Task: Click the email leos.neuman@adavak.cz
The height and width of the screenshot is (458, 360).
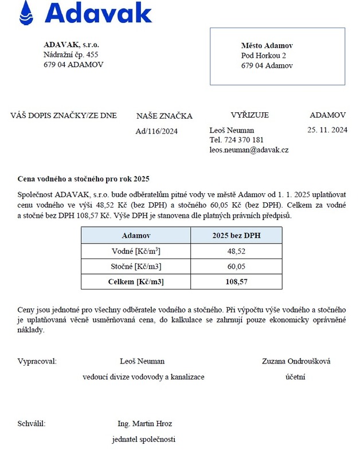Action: pos(249,150)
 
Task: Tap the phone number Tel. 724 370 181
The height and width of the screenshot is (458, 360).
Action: pos(237,140)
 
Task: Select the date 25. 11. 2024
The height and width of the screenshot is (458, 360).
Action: pos(327,130)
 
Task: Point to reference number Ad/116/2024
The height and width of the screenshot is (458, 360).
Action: pos(156,131)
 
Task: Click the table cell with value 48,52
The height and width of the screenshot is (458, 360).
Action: pos(236,251)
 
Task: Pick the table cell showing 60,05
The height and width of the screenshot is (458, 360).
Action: pos(236,267)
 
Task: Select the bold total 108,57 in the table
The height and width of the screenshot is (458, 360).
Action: pos(236,281)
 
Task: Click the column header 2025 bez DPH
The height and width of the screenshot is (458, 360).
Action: pos(236,236)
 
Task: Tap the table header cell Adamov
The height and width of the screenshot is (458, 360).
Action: pos(136,236)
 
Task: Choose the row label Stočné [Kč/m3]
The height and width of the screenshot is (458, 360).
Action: pos(136,267)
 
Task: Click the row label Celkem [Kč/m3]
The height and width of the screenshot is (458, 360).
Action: pos(136,281)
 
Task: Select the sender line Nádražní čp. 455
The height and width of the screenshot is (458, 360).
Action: pos(71,54)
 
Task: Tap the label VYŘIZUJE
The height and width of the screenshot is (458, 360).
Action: pos(249,115)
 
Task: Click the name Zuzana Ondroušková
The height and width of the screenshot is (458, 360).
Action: pos(296,361)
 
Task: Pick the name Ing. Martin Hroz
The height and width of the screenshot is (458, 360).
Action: pos(144,424)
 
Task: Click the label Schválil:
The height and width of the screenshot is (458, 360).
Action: pos(32,424)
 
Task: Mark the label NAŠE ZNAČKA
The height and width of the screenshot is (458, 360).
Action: pos(164,116)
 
